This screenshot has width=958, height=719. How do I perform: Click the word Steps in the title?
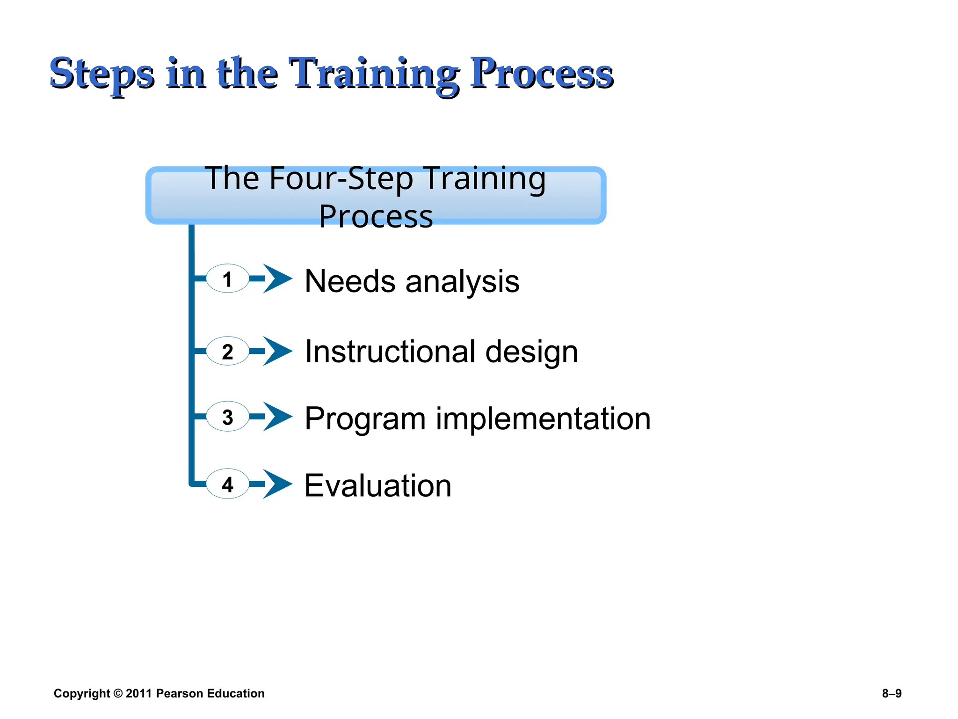coord(102,73)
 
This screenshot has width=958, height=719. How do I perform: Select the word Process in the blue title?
coord(541,73)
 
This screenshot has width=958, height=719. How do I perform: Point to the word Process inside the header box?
coord(376,216)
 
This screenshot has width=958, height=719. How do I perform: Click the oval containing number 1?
coord(227,279)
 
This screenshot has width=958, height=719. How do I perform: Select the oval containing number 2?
coord(227,351)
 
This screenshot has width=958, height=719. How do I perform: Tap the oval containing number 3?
coord(227,417)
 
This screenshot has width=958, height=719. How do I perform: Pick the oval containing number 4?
coord(227,484)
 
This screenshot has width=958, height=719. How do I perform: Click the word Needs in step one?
coord(350,282)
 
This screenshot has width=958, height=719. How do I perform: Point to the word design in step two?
coord(531,352)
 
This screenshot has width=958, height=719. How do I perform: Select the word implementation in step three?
coord(543,418)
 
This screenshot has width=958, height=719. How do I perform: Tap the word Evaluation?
coord(378,486)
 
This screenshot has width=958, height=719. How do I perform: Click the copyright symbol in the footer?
coord(118,694)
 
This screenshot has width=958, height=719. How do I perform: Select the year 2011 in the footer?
coord(139,694)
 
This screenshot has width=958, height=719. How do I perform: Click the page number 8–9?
coord(892,694)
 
